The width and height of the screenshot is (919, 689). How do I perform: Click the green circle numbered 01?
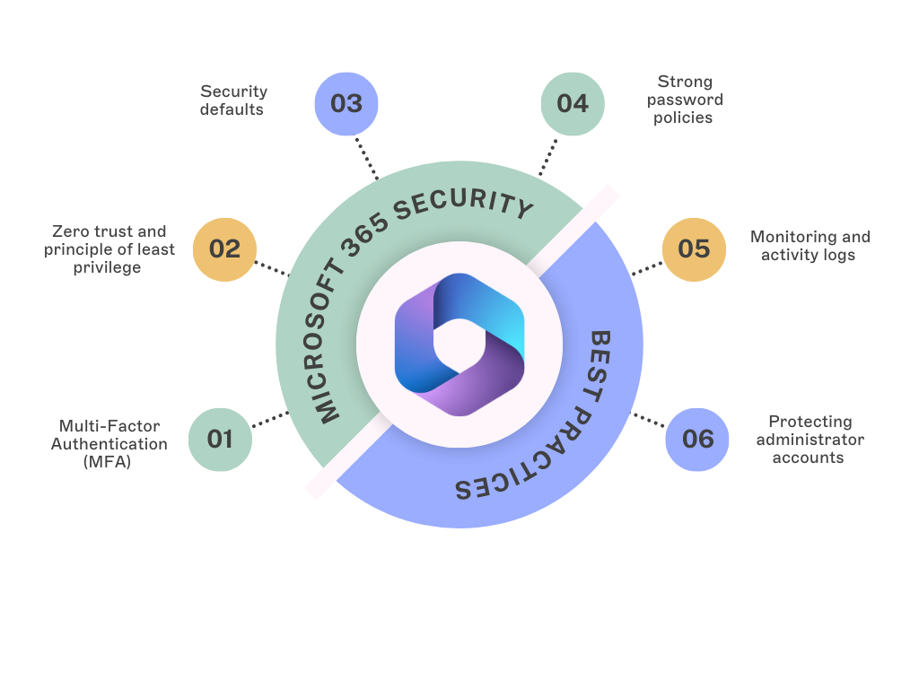tap(220, 439)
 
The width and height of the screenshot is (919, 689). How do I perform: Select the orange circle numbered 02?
tap(224, 249)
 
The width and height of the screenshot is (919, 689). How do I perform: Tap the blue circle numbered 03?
tap(346, 103)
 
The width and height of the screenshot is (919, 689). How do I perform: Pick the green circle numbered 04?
tap(573, 103)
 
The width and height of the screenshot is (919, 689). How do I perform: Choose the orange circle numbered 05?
tap(694, 249)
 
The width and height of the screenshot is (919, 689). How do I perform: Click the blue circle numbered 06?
tap(697, 439)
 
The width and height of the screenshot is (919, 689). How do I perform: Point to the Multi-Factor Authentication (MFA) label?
tap(109, 444)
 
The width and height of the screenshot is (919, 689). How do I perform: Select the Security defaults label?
tap(233, 100)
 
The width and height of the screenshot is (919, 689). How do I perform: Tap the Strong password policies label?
tap(684, 100)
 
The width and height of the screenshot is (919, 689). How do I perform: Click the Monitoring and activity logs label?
tap(810, 246)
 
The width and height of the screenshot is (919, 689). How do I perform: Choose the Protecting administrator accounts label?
tap(810, 439)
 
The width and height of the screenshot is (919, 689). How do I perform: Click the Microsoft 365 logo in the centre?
tap(459, 344)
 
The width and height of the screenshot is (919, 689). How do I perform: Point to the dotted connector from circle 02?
tap(270, 268)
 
